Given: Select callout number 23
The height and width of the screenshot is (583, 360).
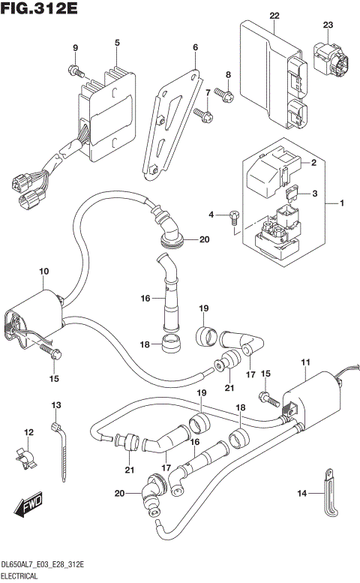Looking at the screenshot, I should [328, 26].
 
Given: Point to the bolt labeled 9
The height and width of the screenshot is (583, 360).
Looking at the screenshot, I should [76, 71].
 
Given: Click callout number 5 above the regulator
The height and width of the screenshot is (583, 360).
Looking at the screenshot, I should [117, 44].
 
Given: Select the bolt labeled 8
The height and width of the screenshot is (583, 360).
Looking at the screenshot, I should [223, 94].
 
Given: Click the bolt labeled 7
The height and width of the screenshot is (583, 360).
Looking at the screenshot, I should [201, 113].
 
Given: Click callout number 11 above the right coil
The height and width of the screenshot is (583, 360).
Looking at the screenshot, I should [305, 364].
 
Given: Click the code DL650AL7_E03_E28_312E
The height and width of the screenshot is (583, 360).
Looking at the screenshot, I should [42, 564].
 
